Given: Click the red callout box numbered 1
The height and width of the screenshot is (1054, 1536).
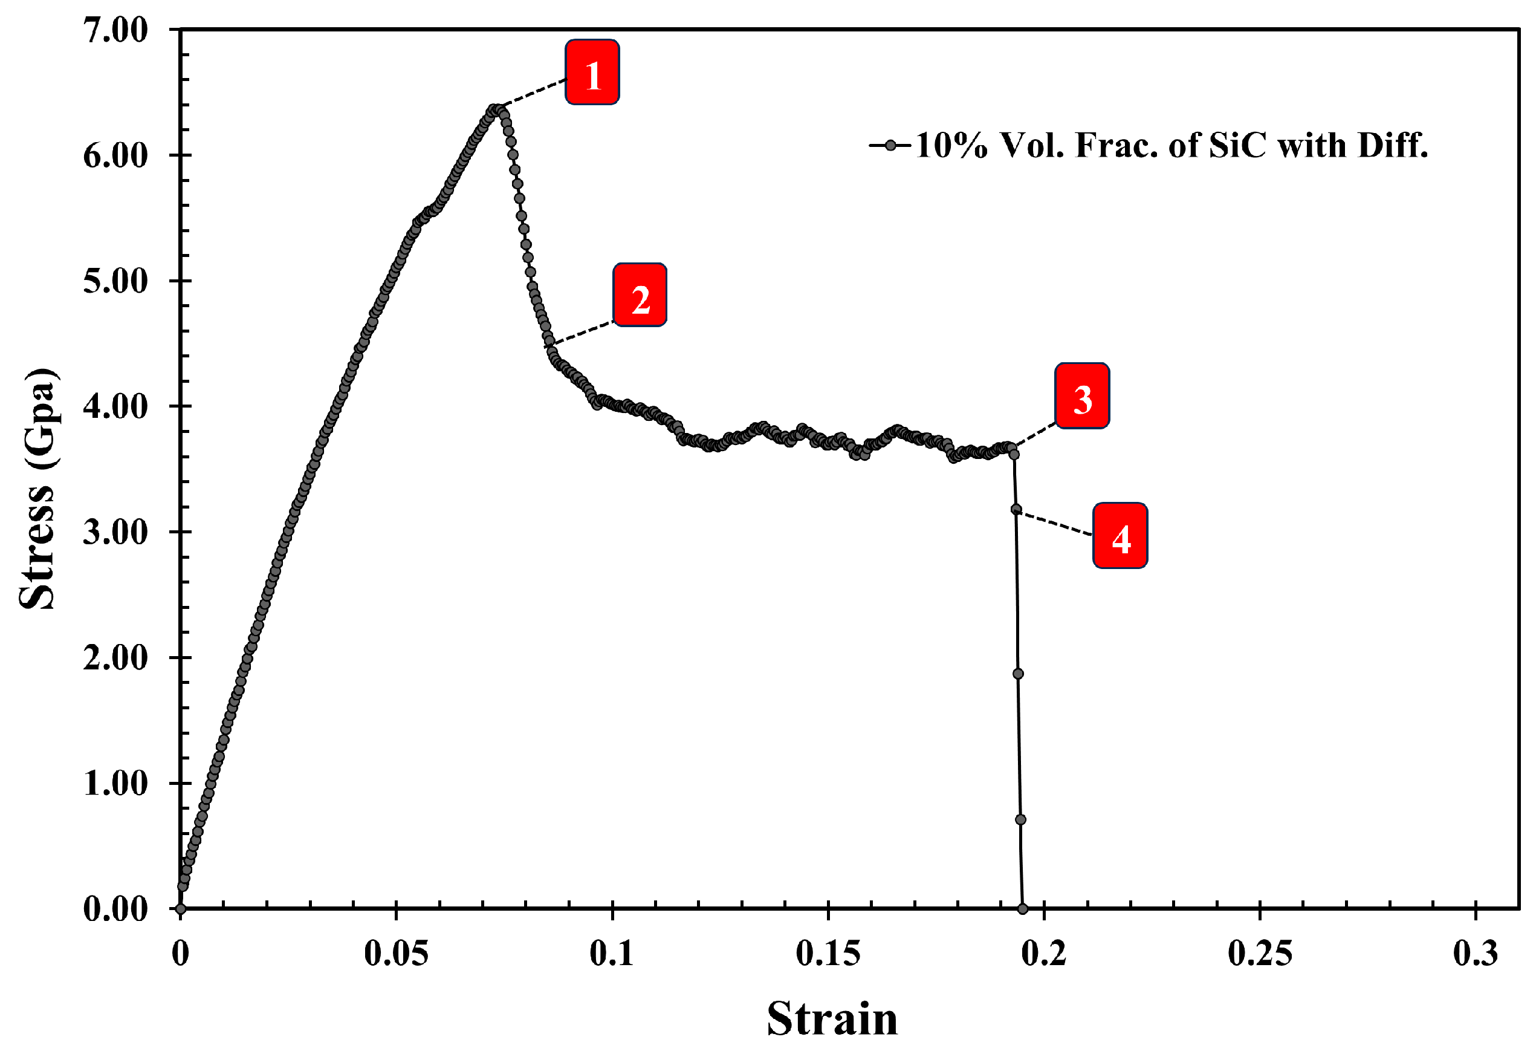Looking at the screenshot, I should click(x=592, y=72).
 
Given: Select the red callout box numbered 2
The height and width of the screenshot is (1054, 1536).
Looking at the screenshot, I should click(x=640, y=295).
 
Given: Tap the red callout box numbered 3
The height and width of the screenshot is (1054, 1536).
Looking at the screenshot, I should click(x=1081, y=396).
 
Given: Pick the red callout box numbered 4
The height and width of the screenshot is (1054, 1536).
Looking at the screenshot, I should click(x=1120, y=536).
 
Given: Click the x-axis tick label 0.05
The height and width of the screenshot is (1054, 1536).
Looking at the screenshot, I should click(x=396, y=954).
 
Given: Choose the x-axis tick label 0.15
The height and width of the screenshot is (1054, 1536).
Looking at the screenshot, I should click(x=828, y=954).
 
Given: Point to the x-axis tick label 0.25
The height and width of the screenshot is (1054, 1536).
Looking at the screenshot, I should click(x=1260, y=954).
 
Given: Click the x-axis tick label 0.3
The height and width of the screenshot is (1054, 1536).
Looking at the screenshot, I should click(x=1475, y=954).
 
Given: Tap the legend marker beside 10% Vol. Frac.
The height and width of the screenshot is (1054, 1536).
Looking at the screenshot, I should click(x=890, y=146).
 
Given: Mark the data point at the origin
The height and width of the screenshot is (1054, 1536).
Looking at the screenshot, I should click(x=180, y=908).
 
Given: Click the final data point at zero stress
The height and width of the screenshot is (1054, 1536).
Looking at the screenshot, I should click(x=1022, y=908).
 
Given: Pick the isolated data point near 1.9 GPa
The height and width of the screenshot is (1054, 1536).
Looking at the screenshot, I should click(x=1018, y=673).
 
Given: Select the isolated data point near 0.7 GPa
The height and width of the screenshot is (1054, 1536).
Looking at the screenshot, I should click(x=1020, y=819).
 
